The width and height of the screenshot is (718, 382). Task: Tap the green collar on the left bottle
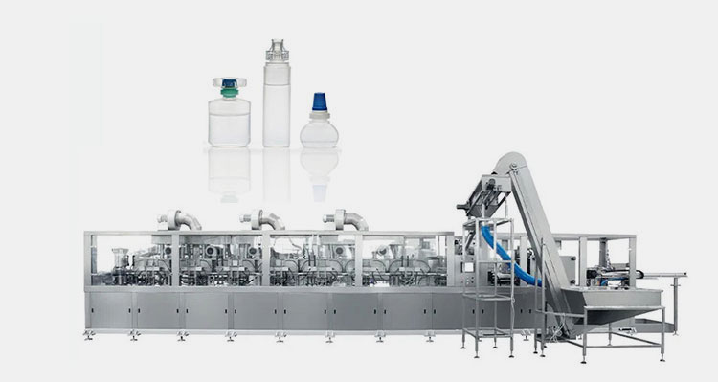click(230, 94)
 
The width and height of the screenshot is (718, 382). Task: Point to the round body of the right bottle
click(319, 132)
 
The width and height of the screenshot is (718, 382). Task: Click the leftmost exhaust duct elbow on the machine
click(179, 219)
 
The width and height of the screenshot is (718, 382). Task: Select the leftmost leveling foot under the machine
click(89, 334)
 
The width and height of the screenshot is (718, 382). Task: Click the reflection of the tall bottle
click(276, 172)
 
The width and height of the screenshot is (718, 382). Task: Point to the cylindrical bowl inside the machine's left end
click(120, 258)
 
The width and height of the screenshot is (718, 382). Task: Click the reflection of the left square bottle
click(230, 170)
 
